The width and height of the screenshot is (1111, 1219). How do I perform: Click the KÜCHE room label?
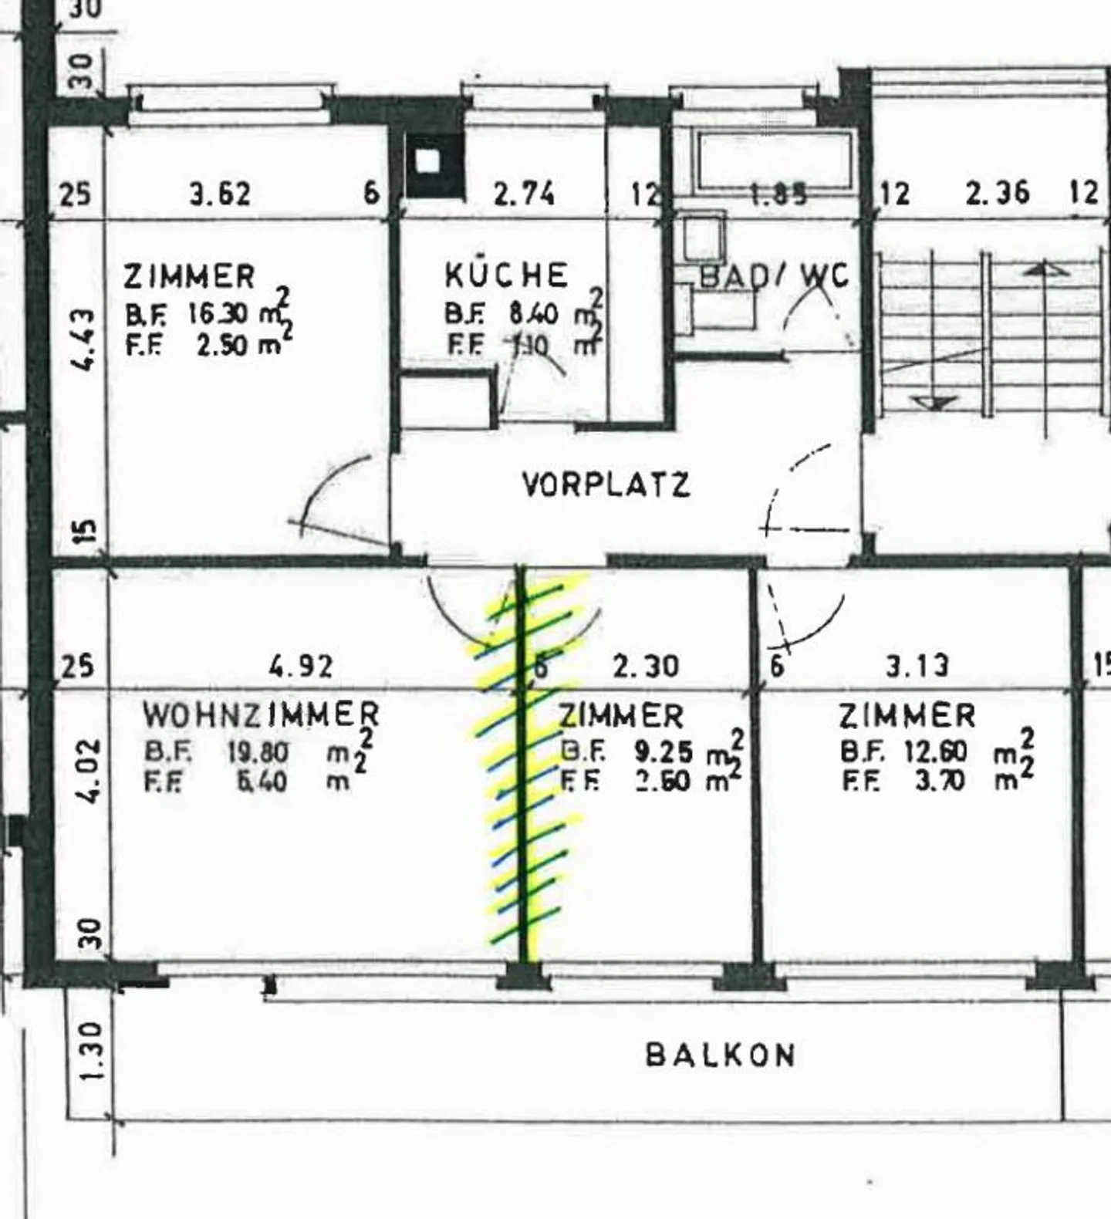[x=506, y=275]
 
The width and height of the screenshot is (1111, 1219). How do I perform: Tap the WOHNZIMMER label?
[x=261, y=715]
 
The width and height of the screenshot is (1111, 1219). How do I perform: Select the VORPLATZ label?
[x=606, y=485]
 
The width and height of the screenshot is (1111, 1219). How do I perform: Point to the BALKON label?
[x=720, y=1055]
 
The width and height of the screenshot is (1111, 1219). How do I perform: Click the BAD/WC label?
[x=774, y=276]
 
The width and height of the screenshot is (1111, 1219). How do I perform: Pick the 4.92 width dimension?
[x=302, y=666]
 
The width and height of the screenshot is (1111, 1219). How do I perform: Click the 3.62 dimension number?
[x=221, y=194]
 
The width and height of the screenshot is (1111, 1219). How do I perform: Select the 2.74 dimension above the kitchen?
[x=524, y=194]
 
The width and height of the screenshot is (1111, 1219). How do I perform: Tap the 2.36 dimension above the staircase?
[x=998, y=193]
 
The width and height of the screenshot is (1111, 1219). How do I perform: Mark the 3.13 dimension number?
[x=917, y=666]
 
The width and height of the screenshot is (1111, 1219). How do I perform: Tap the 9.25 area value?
[x=664, y=751]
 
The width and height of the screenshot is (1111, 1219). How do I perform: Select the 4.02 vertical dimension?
[x=89, y=771]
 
